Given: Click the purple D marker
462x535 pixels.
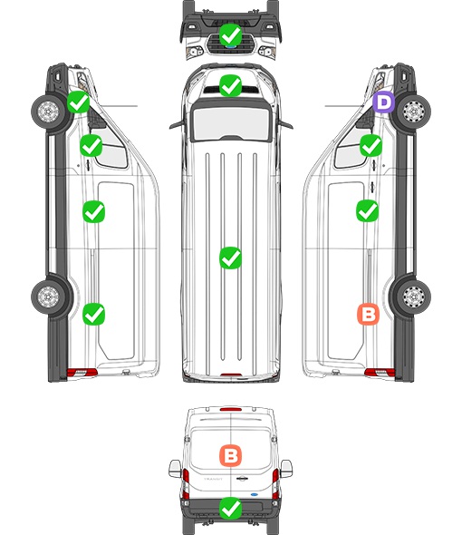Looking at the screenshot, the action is tap(383, 102).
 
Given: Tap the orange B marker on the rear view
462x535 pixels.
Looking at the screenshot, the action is tap(230, 455).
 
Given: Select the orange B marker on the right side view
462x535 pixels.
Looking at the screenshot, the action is tap(368, 315).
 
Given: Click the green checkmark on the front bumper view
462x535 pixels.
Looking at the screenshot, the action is tap(230, 34).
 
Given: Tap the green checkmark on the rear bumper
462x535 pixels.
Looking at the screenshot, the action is tap(230, 509).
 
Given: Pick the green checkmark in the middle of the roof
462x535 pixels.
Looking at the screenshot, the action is tap(230, 258).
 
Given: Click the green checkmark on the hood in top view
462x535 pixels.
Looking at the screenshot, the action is tap(230, 85).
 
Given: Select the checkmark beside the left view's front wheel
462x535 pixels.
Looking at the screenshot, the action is tap(78, 102).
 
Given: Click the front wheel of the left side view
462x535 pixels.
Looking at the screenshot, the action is tap(48, 111).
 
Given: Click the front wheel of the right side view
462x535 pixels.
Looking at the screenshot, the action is tap(414, 112).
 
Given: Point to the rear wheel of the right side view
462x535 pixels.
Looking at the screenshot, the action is tap(414, 297).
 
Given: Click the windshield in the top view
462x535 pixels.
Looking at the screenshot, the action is tap(231, 122).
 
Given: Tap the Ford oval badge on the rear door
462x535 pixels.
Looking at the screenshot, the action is tap(254, 494).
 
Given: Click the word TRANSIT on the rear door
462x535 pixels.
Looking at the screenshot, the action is tap(213, 479).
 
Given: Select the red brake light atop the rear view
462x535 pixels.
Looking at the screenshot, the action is tap(231, 409).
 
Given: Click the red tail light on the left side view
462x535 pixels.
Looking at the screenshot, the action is tap(82, 373).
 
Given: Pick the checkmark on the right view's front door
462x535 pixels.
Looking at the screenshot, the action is tap(371, 146).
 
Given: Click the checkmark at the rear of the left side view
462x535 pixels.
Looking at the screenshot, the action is tap(93, 315).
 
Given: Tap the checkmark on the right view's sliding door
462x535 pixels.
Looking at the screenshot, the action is tap(367, 211).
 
